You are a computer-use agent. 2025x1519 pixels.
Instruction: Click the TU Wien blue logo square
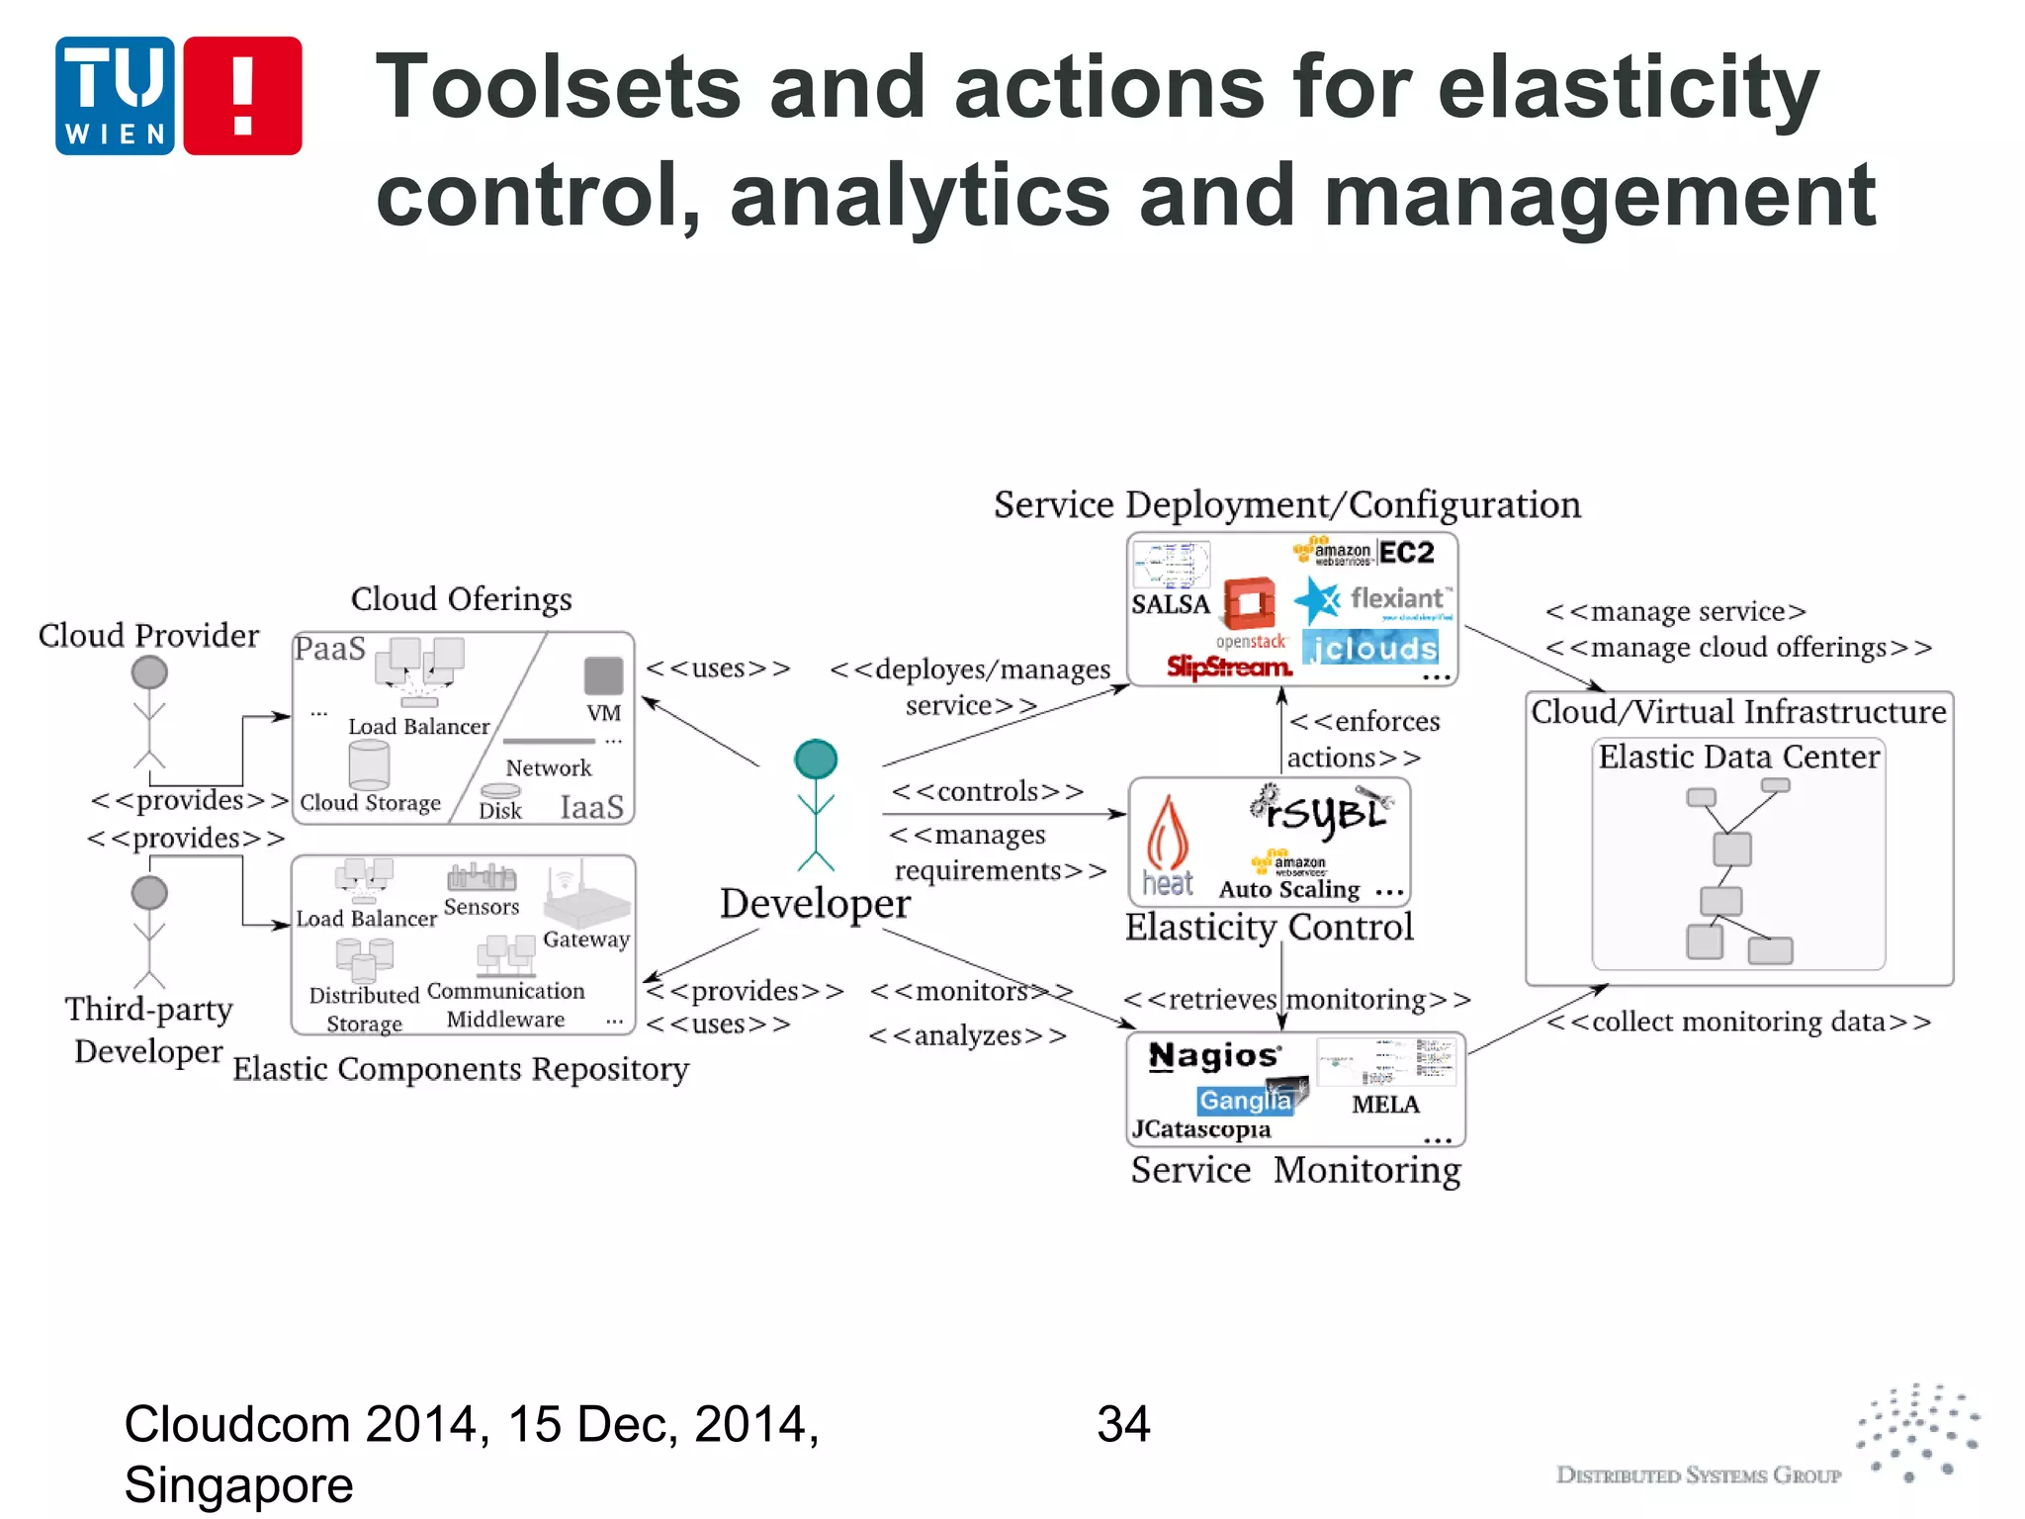115,96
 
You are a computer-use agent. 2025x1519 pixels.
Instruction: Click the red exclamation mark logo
242,96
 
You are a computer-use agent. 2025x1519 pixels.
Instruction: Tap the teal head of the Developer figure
816,759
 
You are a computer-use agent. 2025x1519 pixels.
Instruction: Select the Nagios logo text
1214,1056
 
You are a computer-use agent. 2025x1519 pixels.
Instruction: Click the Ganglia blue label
1246,1100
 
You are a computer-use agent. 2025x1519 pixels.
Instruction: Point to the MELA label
1385,1105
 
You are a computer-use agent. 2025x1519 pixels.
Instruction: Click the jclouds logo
1370,649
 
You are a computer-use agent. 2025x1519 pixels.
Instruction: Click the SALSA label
1171,604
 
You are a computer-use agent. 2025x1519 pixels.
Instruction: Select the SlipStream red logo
1228,668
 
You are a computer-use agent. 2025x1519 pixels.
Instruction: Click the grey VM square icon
603,675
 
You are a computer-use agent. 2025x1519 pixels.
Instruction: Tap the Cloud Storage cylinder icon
369,764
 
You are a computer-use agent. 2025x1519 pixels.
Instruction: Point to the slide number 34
1122,1425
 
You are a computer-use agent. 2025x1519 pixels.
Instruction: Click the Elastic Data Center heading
1738,757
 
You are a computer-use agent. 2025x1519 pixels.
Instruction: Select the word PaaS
329,649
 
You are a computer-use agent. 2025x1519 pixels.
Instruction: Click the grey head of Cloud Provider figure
149,672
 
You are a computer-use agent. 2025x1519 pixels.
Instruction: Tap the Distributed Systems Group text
1698,1475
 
